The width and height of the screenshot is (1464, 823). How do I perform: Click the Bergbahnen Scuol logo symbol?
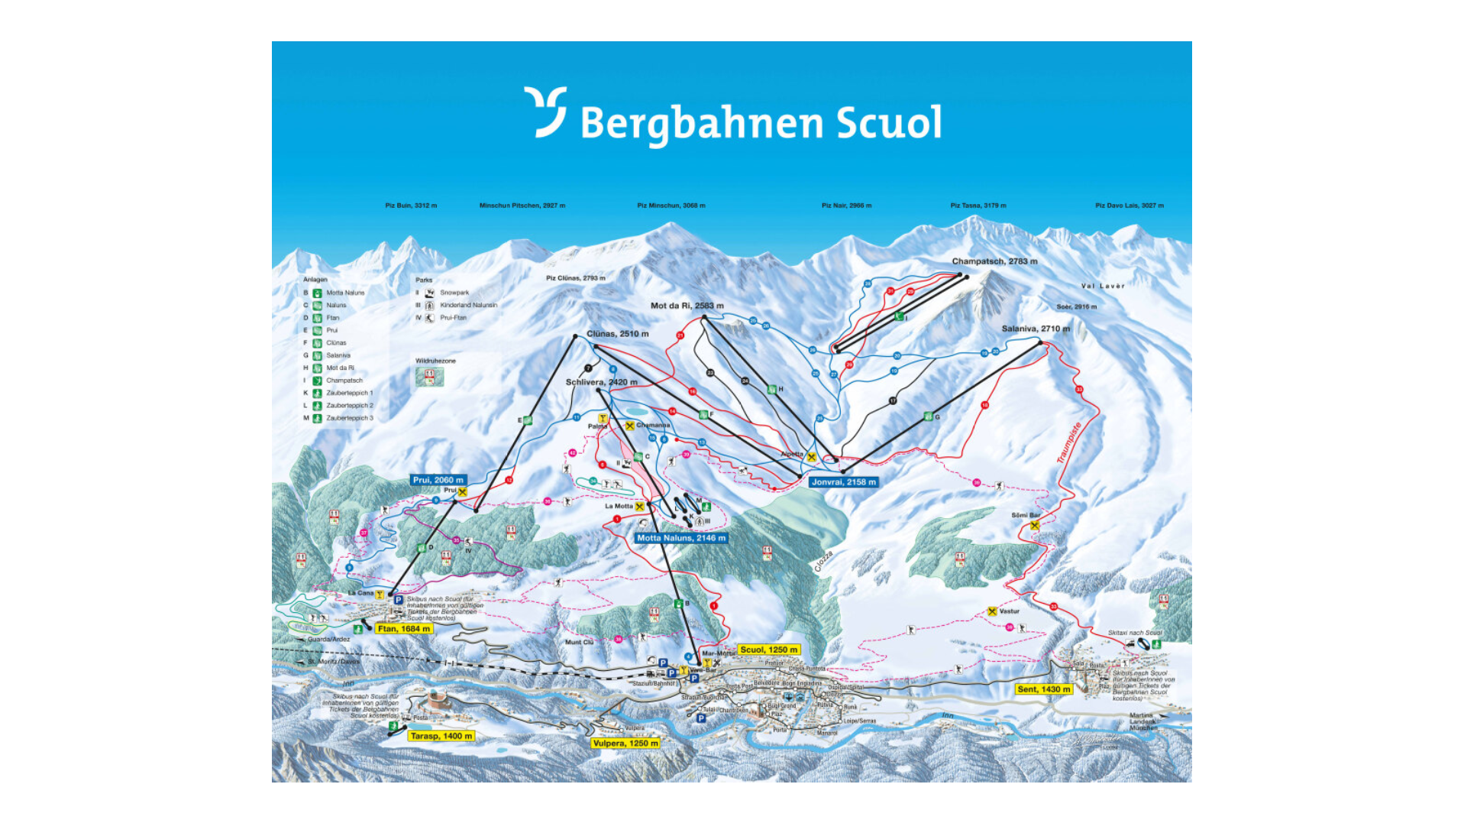tap(545, 112)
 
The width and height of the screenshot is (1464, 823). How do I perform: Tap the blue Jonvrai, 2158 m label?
tap(844, 482)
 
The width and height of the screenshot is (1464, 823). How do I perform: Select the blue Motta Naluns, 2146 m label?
tap(681, 538)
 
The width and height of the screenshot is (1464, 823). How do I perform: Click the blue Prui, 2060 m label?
tap(438, 480)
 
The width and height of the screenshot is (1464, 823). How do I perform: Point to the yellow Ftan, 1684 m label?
tap(404, 629)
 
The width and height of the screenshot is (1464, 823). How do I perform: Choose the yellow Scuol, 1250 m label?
tap(769, 650)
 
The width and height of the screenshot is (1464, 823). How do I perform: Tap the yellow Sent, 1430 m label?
tap(1044, 689)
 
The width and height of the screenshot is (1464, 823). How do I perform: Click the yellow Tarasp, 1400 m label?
tap(441, 736)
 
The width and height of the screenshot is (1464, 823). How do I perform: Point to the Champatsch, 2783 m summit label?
tap(994, 261)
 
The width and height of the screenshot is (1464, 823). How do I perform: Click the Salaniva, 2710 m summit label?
tap(1036, 329)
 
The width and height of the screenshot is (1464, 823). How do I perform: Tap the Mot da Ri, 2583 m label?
tap(687, 306)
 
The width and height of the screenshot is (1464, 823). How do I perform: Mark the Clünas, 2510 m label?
tap(618, 334)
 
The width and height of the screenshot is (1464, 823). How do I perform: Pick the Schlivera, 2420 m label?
tap(601, 382)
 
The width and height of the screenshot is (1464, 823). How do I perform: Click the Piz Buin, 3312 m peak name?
tap(411, 206)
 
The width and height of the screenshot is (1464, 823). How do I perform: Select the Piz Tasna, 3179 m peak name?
tap(978, 206)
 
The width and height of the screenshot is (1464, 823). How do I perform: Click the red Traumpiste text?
tap(1068, 442)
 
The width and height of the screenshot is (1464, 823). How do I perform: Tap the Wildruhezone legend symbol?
tap(429, 377)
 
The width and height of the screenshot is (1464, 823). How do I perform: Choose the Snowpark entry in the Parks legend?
tap(454, 293)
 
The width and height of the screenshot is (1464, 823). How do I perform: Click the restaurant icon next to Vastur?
tap(992, 611)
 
